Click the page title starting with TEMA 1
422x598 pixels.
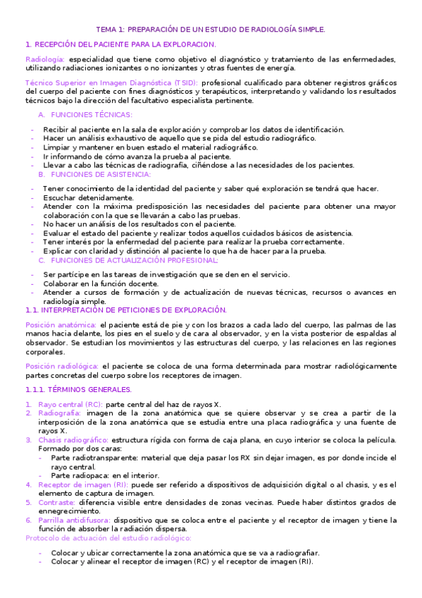(x=211, y=30)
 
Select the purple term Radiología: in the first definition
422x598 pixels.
(x=45, y=59)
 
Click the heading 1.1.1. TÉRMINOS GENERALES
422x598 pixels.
(x=78, y=389)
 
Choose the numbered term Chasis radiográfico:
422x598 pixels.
(x=73, y=440)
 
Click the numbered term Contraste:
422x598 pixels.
(x=57, y=504)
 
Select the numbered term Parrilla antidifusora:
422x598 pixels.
(x=73, y=520)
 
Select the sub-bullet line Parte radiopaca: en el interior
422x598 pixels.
(x=106, y=475)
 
